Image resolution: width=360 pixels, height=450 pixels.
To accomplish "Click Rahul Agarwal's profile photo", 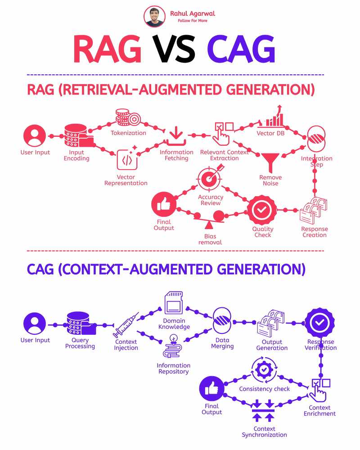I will [x=155, y=16].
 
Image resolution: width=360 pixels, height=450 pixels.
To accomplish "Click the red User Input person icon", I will [x=35, y=136].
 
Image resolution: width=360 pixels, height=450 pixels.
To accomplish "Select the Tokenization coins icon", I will [x=128, y=117].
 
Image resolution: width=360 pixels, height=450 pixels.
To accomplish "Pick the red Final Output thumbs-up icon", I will [x=164, y=205].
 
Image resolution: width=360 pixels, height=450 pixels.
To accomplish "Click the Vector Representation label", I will [x=126, y=180].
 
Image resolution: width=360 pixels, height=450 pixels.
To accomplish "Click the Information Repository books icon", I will [x=173, y=348].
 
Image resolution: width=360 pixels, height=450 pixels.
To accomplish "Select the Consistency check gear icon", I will [x=263, y=370].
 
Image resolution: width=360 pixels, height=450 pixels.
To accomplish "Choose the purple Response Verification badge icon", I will [x=320, y=323].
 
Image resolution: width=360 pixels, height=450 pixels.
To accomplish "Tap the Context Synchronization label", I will [x=264, y=432].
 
